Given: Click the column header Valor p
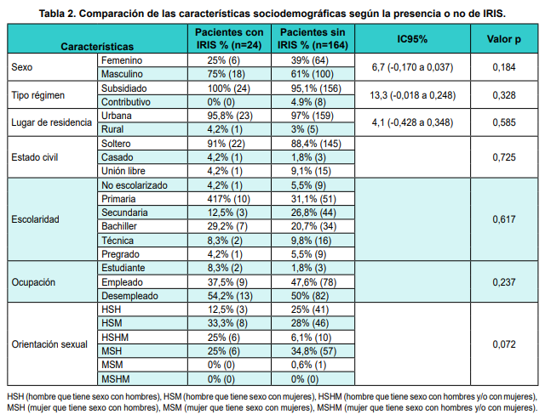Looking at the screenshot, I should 505,38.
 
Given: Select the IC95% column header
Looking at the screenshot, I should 412,38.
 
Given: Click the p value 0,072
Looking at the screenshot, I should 505,343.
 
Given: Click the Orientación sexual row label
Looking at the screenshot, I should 49,343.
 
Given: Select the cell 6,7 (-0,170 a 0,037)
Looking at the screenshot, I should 412,68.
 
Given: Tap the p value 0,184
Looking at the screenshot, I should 505,68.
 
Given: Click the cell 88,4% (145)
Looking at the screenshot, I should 297,143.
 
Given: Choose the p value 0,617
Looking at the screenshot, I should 505,219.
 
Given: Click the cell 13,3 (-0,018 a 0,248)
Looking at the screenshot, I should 412,94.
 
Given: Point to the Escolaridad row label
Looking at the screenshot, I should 36,219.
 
